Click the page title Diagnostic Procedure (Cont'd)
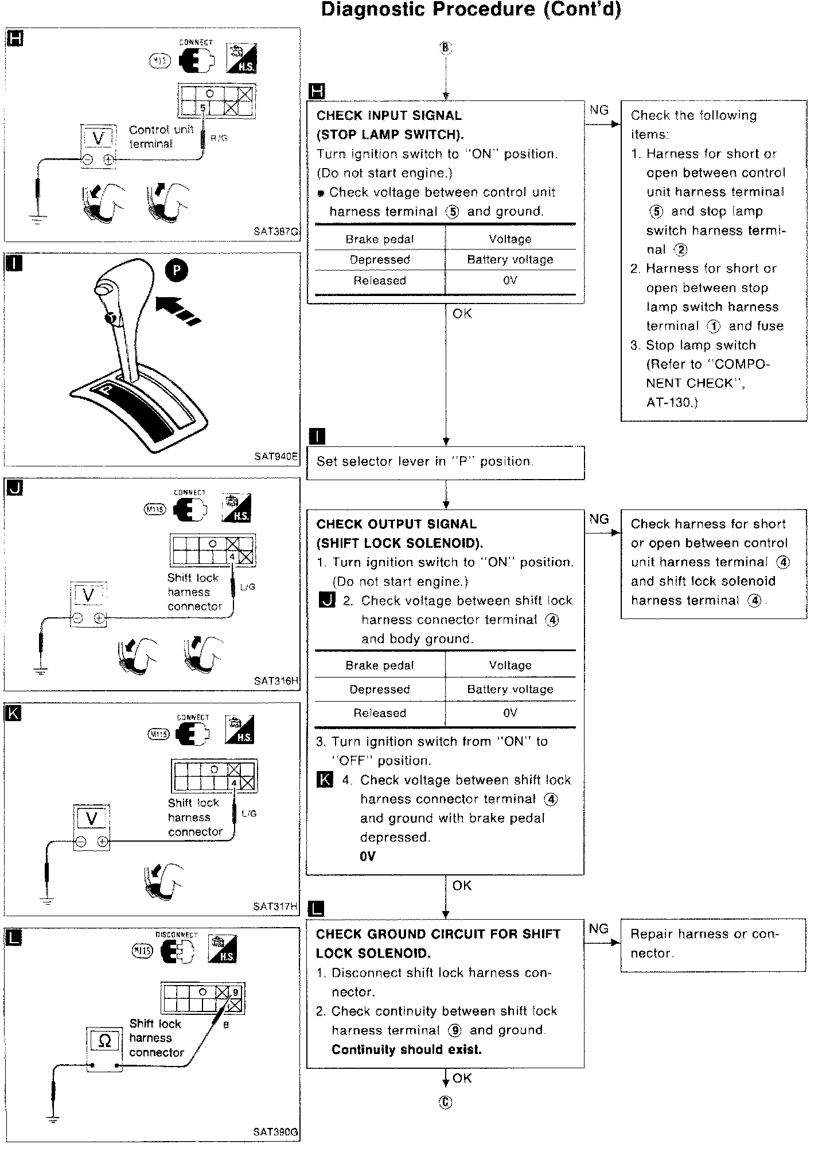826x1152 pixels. tap(470, 10)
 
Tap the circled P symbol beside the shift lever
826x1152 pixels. tap(177, 271)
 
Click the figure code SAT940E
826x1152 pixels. tap(276, 457)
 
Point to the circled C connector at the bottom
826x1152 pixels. tap(446, 1102)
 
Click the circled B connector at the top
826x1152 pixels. tap(446, 48)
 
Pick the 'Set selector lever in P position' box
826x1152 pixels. tap(445, 462)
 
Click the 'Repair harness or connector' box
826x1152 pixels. tap(713, 944)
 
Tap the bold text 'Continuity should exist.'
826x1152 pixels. tap(407, 1049)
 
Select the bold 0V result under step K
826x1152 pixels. tap(368, 857)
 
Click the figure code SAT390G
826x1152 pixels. tap(276, 1132)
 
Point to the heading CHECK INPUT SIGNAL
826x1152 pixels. tap(389, 115)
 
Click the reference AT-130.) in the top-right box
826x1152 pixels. tap(672, 402)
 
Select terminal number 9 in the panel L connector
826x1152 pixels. tap(236, 992)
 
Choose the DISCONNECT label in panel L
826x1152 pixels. tap(177, 935)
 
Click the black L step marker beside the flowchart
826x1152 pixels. tap(316, 909)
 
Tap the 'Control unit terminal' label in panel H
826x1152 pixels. tap(161, 137)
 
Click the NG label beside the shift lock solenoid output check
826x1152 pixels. tap(599, 519)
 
